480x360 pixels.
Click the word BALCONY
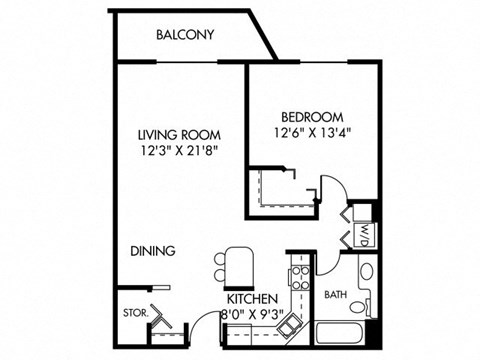185,35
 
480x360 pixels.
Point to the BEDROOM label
312,116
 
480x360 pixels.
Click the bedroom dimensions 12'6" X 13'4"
312,132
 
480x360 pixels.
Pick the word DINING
153,251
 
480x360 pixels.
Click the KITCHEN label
251,299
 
